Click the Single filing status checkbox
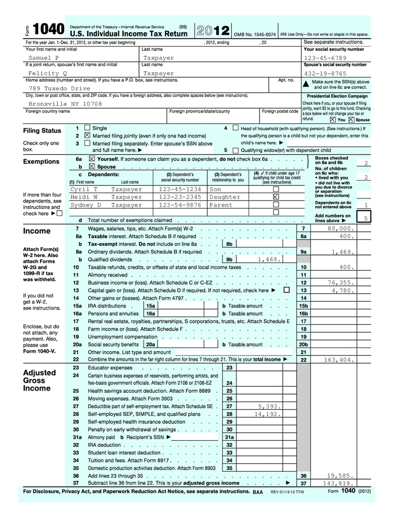(87, 128)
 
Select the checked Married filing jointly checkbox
(87, 136)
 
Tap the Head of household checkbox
(235, 128)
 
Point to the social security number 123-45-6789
(325, 58)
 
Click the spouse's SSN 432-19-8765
(325, 73)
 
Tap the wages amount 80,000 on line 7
(340, 229)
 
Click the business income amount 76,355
(340, 283)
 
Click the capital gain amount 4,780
(341, 290)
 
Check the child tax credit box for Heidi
(276, 198)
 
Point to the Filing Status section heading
(42, 131)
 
